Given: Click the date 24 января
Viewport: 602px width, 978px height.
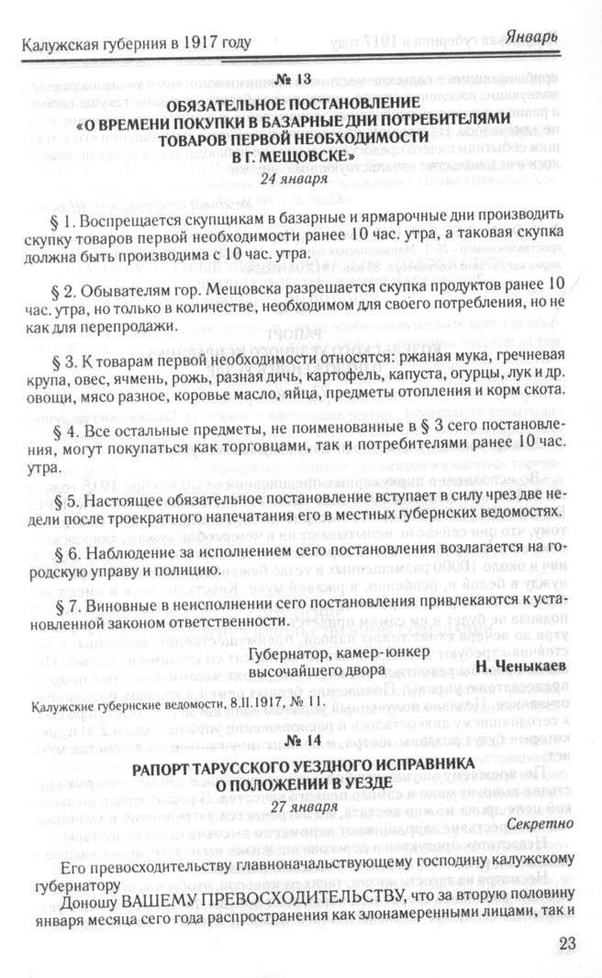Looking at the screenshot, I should [x=300, y=179].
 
